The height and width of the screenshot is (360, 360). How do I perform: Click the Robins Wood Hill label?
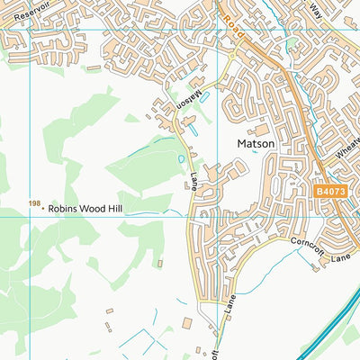pos(86,209)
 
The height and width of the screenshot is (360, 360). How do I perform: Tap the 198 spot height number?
pos(34,204)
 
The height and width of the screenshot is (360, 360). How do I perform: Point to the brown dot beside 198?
pos(43,209)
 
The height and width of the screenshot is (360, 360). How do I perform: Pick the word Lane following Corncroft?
pos(339,258)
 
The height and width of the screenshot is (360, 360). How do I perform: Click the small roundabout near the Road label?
pos(232,55)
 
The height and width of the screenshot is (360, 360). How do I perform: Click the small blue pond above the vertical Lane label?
pos(182,159)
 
